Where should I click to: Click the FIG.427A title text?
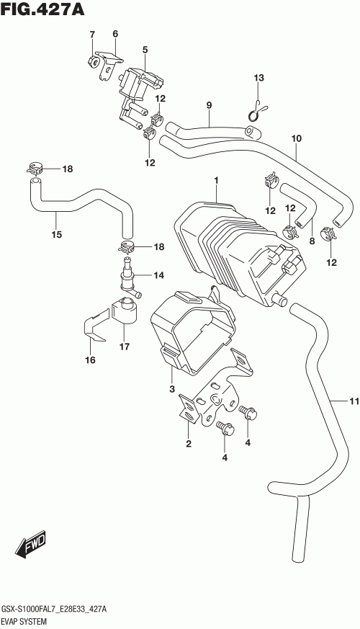[x=42, y=9]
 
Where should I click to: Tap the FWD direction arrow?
[x=31, y=545]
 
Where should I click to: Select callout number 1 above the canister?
[x=216, y=181]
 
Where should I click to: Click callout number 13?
[x=259, y=77]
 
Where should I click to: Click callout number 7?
[x=92, y=34]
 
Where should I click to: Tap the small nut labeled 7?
[x=94, y=62]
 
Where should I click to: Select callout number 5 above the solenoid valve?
[x=145, y=50]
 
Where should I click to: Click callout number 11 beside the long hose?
[x=354, y=401]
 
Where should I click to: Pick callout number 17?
[x=125, y=346]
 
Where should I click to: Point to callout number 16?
[x=90, y=360]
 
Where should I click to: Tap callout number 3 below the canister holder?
[x=171, y=389]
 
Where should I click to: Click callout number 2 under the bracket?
[x=189, y=443]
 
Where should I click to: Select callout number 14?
[x=158, y=275]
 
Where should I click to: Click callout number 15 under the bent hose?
[x=57, y=234]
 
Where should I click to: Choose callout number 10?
[x=296, y=138]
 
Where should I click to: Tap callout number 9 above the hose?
[x=209, y=105]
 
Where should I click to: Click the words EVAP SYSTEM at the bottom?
[x=24, y=622]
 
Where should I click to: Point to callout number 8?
[x=312, y=241]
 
